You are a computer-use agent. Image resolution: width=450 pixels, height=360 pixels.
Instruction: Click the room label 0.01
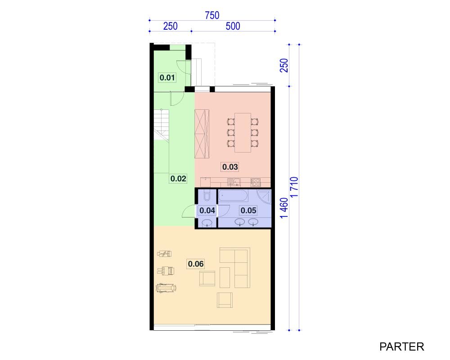click(167, 77)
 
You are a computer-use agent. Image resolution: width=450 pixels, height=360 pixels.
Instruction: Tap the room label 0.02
click(178, 179)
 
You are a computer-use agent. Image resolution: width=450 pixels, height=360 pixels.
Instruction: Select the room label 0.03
click(230, 167)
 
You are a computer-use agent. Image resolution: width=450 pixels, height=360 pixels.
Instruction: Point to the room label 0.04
click(207, 211)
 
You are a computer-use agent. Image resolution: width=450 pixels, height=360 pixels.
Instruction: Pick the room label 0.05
click(248, 211)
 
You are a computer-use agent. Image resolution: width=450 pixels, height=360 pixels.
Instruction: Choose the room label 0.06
click(196, 264)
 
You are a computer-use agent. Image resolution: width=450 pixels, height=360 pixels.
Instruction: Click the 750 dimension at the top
click(212, 15)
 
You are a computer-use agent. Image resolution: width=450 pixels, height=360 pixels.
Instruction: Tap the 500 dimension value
click(233, 26)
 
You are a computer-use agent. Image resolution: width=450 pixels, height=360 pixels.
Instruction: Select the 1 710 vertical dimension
click(294, 187)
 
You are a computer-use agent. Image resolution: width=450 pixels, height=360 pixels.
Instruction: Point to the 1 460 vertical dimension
click(284, 208)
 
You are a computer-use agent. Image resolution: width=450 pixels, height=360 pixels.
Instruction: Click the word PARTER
click(401, 347)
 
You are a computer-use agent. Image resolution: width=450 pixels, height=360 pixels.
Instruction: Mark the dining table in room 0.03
click(243, 133)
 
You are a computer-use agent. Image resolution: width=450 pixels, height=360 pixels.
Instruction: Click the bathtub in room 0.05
click(233, 196)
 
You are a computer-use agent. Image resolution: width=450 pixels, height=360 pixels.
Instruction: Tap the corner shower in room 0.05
click(264, 197)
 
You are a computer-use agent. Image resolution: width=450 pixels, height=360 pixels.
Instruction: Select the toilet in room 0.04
click(207, 195)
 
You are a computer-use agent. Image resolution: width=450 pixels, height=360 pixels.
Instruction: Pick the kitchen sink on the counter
click(234, 182)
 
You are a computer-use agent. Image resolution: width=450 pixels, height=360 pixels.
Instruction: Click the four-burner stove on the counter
click(256, 182)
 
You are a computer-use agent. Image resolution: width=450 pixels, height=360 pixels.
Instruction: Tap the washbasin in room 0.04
click(207, 223)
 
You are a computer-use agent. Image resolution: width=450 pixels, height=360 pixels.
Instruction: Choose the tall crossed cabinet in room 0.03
click(202, 134)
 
